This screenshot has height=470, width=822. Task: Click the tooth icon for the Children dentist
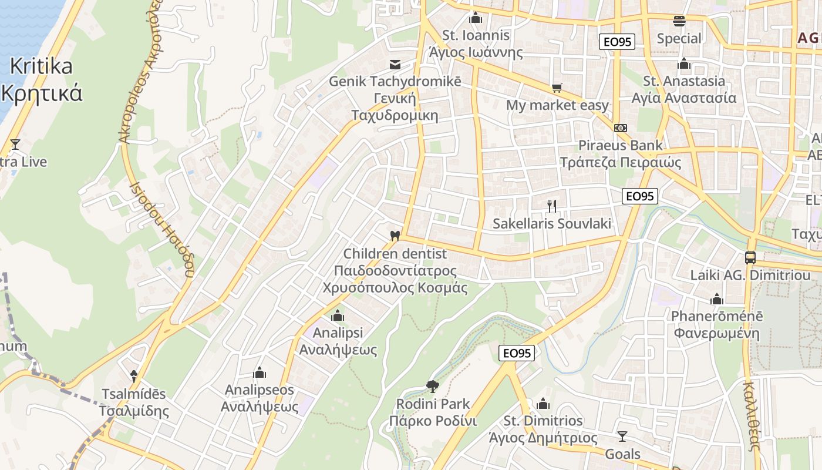(x=395, y=236)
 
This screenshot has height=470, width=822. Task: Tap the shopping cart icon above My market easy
(x=557, y=88)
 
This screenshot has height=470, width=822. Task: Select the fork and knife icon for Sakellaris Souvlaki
(x=552, y=206)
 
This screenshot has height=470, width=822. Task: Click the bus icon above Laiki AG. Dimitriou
(x=750, y=257)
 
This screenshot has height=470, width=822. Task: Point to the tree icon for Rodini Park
(x=433, y=386)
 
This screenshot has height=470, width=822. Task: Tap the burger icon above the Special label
(x=679, y=21)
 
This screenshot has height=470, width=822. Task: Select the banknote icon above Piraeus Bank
(x=621, y=127)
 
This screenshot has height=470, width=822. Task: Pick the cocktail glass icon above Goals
(x=622, y=437)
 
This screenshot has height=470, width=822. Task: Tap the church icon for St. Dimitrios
(x=543, y=404)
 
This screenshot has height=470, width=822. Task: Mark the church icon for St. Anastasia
(x=683, y=63)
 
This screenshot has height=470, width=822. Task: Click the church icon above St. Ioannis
(x=476, y=18)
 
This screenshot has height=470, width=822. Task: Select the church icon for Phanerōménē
(x=716, y=299)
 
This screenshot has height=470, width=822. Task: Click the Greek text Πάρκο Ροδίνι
(x=433, y=421)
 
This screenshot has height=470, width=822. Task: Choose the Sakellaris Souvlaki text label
(x=552, y=223)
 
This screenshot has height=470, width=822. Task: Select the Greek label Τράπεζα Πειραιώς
(x=621, y=162)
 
